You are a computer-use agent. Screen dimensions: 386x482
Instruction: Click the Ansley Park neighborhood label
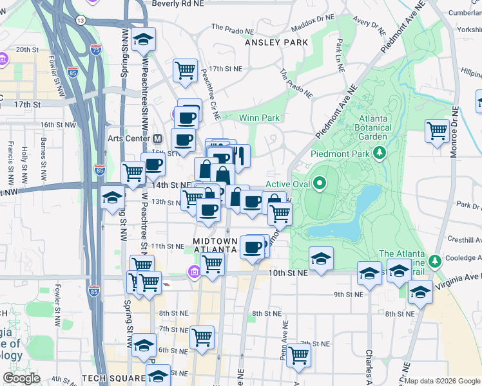tap(276, 42)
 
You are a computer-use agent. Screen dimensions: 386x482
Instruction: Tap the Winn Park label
tap(259, 118)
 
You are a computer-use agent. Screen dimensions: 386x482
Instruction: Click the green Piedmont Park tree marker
tap(380, 153)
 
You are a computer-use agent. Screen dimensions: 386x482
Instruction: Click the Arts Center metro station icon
tap(157, 138)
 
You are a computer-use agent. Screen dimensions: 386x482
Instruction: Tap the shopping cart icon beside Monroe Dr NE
tap(437, 131)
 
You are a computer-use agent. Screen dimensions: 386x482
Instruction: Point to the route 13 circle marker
tap(80, 21)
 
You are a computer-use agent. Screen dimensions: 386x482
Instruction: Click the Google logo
tap(21, 378)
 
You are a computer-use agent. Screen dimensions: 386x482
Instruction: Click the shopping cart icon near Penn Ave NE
tap(298, 354)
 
